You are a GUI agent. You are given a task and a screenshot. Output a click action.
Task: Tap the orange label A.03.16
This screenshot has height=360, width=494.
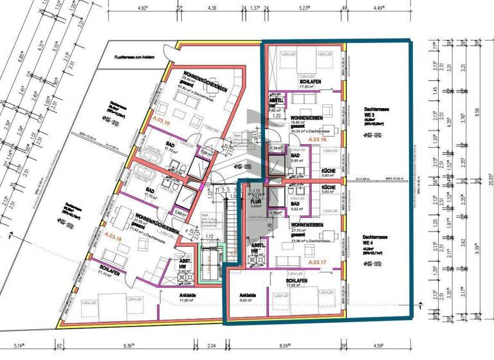(x=318, y=139)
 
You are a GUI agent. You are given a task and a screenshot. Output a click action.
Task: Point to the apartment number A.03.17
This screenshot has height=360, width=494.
(x=318, y=262)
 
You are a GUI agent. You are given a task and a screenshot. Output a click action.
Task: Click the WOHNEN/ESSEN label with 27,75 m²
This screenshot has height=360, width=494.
(x=306, y=226)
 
